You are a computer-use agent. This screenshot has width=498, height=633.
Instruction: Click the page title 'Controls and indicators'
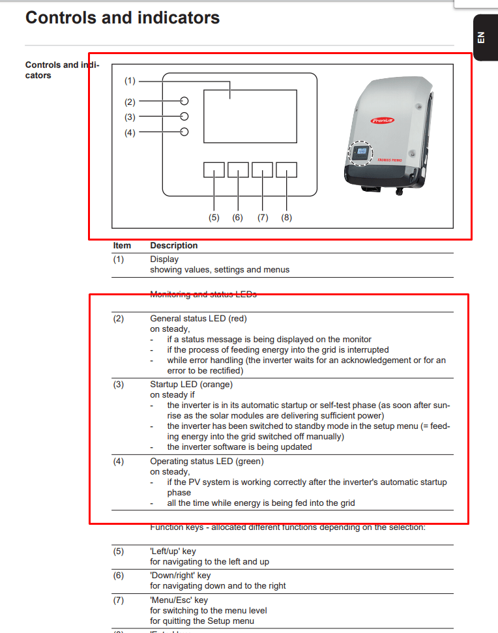point(123,18)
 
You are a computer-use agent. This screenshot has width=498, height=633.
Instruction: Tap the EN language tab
point(481,37)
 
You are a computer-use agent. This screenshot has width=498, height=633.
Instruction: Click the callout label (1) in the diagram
point(130,81)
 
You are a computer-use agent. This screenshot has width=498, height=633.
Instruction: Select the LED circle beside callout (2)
point(184,101)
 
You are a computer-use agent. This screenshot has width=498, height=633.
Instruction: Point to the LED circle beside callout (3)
point(184,117)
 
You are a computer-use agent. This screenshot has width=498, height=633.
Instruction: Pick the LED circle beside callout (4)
point(184,132)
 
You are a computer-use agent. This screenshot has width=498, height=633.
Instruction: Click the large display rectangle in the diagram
point(250,116)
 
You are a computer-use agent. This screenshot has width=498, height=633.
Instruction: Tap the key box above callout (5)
point(214,169)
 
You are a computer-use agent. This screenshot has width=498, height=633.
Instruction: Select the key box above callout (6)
point(238,169)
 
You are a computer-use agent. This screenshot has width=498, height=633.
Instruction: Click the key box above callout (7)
point(262,169)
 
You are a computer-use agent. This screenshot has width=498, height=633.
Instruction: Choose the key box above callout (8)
point(286,169)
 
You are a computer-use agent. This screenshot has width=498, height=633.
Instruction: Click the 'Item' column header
point(122,246)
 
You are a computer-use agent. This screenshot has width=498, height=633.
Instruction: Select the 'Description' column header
point(173,246)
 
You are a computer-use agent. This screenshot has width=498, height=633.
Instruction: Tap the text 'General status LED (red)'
point(198,319)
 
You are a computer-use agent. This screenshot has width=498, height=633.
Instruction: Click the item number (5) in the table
point(118,552)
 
